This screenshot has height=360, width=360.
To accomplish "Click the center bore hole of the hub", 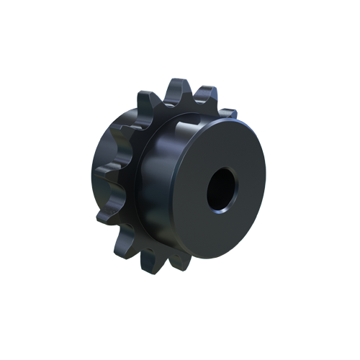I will (x=221, y=190).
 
